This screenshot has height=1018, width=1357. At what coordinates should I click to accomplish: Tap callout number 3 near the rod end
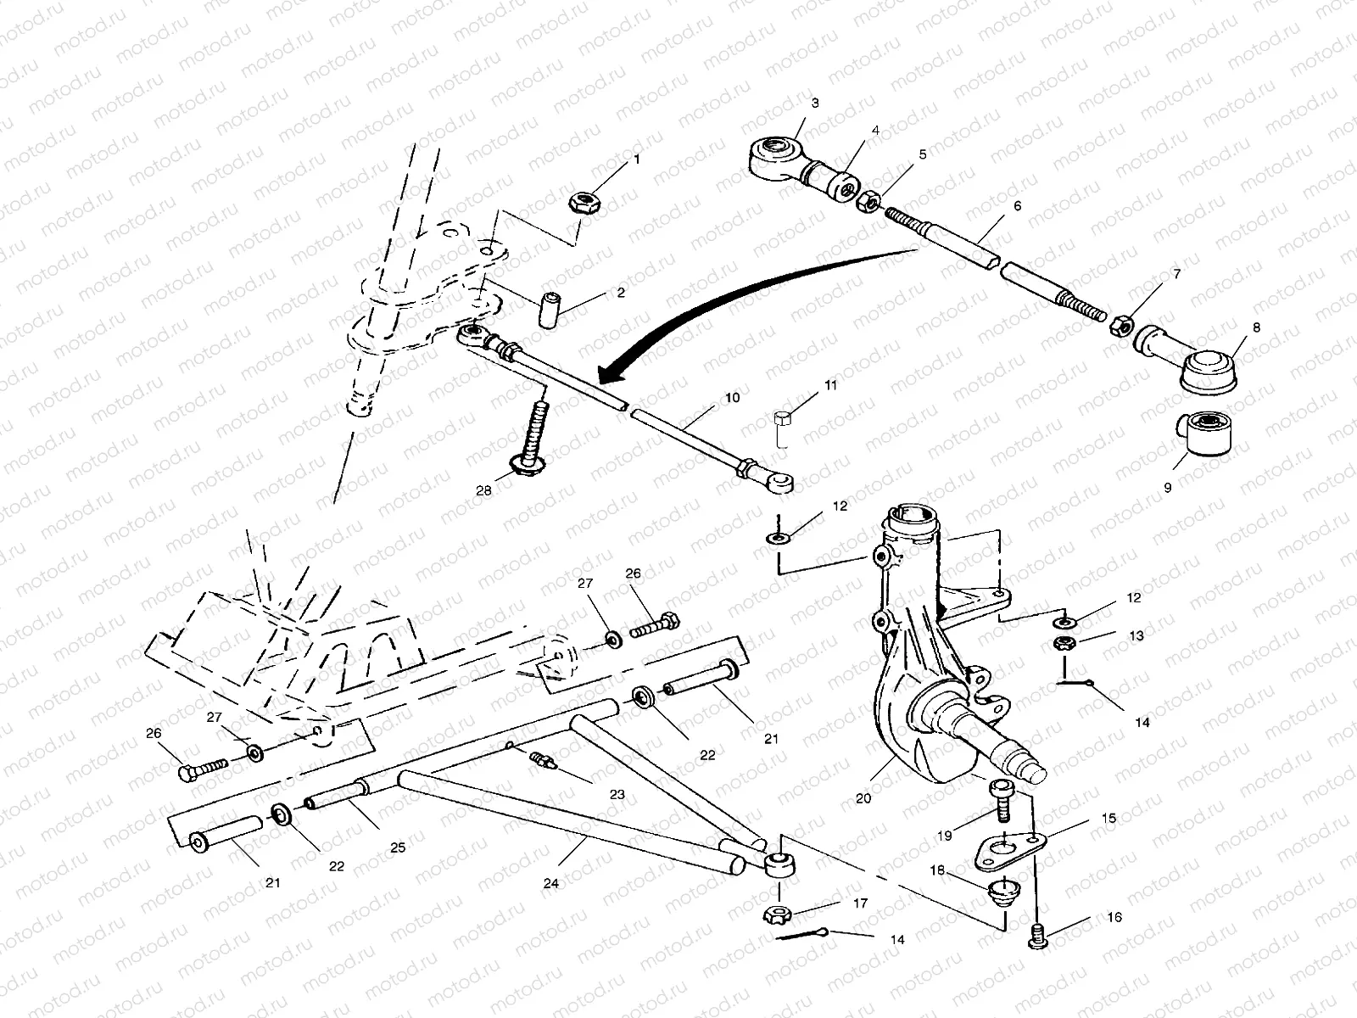coord(815,103)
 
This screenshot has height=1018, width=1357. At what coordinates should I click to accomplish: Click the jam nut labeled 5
coord(868,203)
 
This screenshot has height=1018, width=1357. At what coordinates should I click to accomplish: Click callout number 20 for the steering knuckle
coord(864,798)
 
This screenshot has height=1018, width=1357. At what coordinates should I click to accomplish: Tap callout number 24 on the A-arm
coord(551,883)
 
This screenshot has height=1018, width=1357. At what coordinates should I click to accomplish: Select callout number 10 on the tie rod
coord(732,397)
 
